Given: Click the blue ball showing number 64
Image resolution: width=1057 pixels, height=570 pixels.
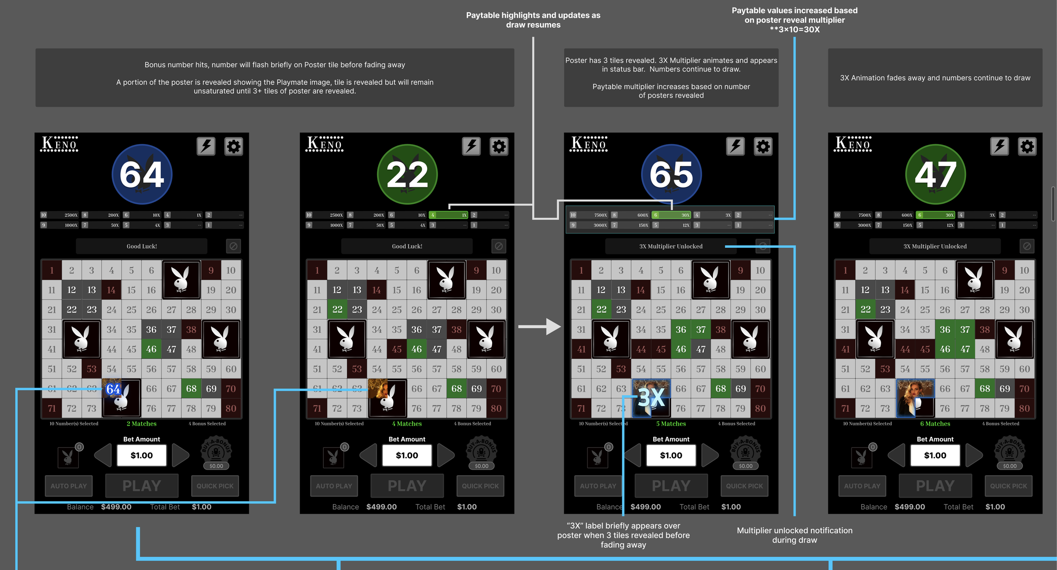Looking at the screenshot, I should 142,174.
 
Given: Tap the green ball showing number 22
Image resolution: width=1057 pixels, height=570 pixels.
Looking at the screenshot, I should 407,174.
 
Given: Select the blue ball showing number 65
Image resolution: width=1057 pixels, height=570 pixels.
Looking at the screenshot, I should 671,174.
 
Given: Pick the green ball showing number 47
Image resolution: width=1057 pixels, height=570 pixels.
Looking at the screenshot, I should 935,174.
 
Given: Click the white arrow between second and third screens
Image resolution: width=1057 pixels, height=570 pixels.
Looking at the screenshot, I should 539,326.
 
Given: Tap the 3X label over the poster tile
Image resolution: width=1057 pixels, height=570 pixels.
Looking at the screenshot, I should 651,398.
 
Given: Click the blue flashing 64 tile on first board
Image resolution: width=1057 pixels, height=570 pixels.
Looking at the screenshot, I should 113,389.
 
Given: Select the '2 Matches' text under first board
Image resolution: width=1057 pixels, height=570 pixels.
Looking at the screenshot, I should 142,424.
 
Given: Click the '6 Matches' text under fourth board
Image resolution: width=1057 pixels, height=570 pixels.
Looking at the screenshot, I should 935,424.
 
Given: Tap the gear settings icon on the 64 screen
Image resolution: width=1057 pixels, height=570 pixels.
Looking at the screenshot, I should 233,147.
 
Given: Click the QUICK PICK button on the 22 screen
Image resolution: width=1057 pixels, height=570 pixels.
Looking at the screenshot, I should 480,486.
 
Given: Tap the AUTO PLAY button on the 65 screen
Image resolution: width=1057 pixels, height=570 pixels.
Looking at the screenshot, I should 598,486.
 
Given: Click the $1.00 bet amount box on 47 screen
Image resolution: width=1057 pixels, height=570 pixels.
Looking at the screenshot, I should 935,455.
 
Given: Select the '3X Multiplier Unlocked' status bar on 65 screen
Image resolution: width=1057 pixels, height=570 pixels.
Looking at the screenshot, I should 671,246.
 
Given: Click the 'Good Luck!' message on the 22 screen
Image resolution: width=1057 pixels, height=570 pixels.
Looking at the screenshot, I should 407,246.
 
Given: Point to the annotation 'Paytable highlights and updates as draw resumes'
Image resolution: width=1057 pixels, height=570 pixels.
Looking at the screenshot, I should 533,20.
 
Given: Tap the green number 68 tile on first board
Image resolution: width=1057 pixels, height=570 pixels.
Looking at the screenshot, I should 191,389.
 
